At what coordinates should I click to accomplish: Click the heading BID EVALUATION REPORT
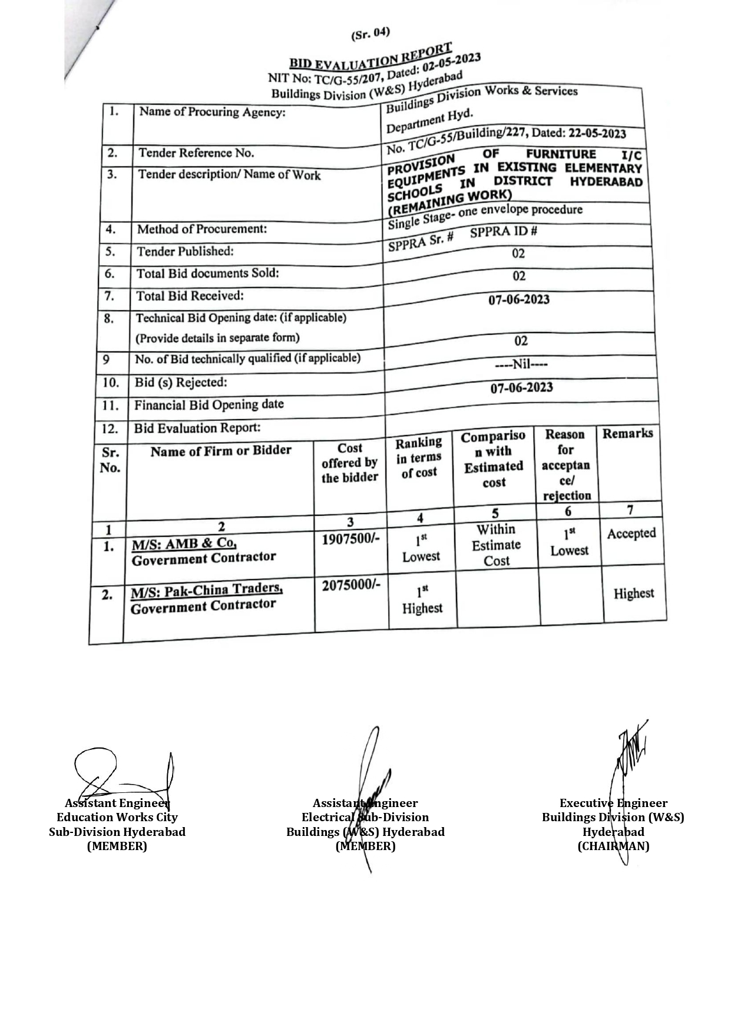pos(371,57)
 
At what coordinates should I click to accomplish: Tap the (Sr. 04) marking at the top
pos(371,34)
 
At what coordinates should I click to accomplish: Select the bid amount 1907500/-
pos(350,539)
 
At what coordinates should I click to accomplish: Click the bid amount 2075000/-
pos(351,585)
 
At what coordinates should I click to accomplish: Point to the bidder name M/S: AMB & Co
pos(184,544)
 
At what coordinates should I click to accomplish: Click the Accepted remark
pos(631,534)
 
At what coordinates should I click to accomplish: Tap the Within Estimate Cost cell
pos(496,545)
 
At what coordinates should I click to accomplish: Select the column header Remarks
pos(627,434)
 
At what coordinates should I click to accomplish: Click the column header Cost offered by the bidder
pos(350,463)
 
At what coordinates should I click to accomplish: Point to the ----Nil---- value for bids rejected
pos(521,364)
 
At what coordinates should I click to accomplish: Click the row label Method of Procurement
pos(201,229)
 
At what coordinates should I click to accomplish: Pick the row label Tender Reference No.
pos(196,153)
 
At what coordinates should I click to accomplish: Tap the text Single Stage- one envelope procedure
pos(485,216)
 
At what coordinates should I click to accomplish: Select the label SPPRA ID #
pos(503,232)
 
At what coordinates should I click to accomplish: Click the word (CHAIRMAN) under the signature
pos(613,846)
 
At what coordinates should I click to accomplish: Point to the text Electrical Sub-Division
pos(365,817)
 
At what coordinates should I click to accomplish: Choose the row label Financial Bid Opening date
pos(209,405)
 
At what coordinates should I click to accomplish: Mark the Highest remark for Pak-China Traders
pos(633,594)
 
